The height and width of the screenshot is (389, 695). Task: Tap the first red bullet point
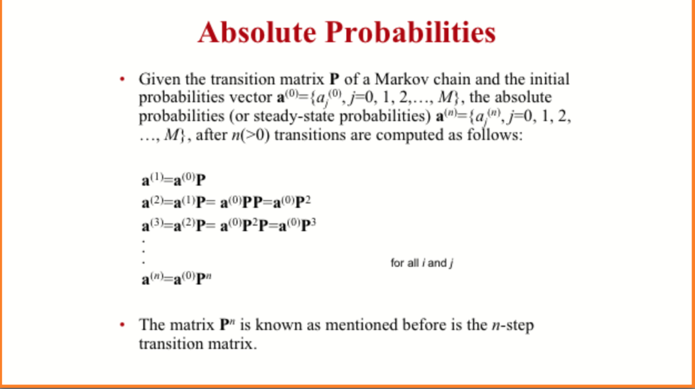coord(122,79)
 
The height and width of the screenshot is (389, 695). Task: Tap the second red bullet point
coord(122,325)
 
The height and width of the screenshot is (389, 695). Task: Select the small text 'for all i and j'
coord(421,263)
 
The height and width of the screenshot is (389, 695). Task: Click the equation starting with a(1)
coord(174,181)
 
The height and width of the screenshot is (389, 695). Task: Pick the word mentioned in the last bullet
coord(360,325)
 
